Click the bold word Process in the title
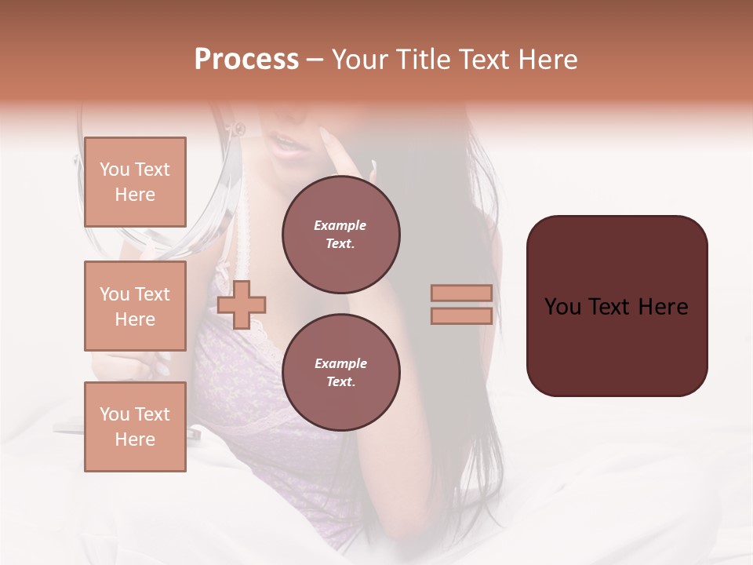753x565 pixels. click(x=246, y=60)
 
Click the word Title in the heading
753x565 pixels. click(x=422, y=60)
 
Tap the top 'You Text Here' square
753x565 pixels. click(x=135, y=182)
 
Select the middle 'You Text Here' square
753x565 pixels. click(x=135, y=306)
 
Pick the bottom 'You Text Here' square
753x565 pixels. click(x=135, y=426)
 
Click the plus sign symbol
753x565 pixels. click(x=242, y=304)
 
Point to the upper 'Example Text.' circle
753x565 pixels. click(x=340, y=235)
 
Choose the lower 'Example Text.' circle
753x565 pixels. click(x=340, y=373)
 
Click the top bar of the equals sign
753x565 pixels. click(x=461, y=293)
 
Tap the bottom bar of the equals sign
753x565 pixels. click(x=461, y=315)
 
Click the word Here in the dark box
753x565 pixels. click(x=663, y=307)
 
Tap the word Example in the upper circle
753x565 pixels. click(x=340, y=226)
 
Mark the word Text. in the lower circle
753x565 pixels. click(x=340, y=382)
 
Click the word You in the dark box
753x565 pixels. click(x=562, y=307)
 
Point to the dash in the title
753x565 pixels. click(x=315, y=60)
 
